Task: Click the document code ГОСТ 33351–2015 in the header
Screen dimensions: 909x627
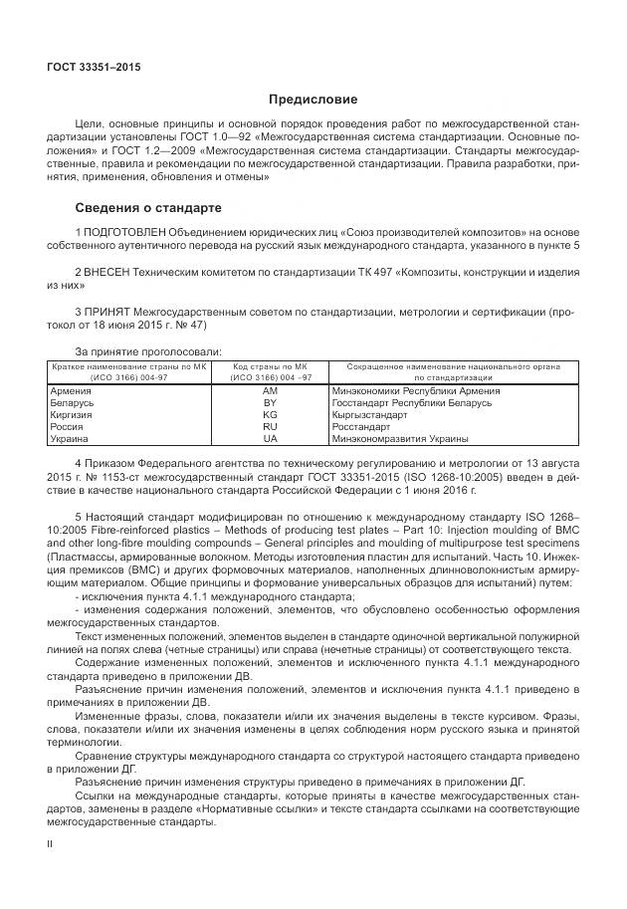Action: point(95,67)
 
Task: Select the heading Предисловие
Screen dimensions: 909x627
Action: point(313,100)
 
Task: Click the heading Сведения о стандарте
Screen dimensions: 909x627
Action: point(148,208)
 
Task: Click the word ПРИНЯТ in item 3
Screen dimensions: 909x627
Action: point(106,311)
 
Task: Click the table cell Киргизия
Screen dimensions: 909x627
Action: point(71,414)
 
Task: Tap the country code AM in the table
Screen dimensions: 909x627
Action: point(270,391)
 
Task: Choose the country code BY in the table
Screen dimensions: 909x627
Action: point(270,403)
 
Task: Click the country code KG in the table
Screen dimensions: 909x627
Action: point(270,414)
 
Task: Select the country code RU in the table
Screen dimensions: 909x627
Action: point(270,426)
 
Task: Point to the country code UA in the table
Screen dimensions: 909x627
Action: point(270,438)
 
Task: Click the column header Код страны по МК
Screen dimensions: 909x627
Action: point(270,367)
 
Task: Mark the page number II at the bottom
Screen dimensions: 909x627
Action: point(51,843)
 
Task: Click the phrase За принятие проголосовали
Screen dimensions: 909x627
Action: point(148,350)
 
